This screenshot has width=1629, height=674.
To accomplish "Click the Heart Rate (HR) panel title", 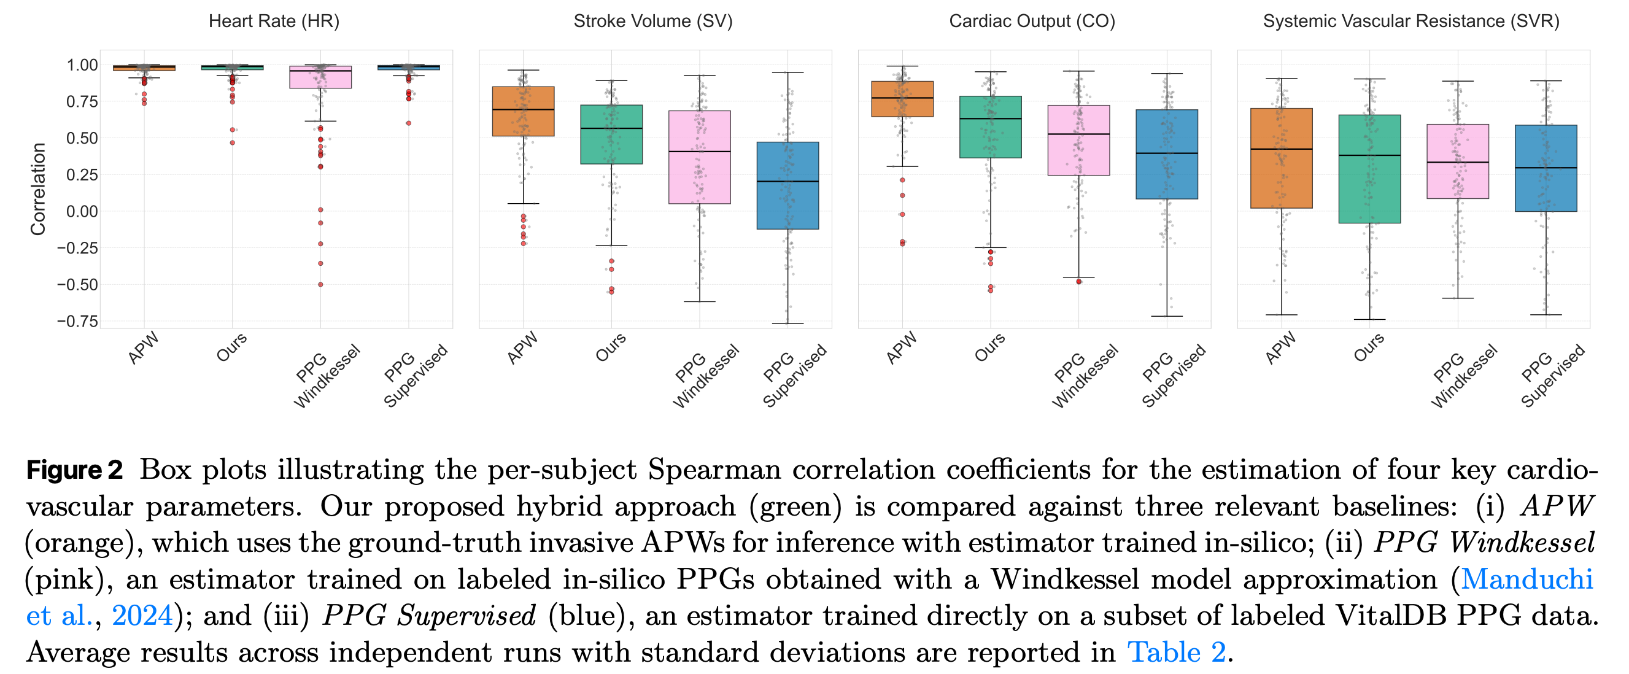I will coord(274,21).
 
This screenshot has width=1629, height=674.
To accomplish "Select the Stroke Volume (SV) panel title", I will coord(652,21).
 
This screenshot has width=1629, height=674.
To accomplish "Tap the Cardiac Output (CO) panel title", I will coord(1031,21).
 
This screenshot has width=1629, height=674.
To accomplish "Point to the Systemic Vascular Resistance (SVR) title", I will coord(1411,21).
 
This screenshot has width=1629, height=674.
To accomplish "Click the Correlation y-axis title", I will coord(38,189).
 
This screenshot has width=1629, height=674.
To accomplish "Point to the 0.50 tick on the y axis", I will coord(82,138).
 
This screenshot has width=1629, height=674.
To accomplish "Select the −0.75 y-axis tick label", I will coord(77,321).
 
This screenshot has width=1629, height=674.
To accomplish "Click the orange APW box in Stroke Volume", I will coord(523,111).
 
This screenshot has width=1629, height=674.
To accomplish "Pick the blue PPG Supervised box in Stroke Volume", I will coord(787,185).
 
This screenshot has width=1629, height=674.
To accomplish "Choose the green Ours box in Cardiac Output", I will coord(990,127).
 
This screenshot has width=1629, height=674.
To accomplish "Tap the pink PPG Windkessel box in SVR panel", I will coord(1458,161).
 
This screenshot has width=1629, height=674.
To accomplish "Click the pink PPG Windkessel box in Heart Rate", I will coord(320,77).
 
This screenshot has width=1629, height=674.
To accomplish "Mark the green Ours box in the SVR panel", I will coord(1370,169).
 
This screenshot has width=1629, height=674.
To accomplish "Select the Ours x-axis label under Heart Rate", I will coord(231,348).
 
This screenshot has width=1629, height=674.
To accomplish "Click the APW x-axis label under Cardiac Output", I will coord(902,348).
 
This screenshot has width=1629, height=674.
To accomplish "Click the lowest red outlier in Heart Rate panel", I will coord(320,285).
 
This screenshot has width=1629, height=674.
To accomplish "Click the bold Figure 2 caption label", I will coord(75,470).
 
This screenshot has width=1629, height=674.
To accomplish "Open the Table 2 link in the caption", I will coord(1176,652).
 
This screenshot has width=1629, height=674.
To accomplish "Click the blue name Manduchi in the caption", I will coord(1526,579).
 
